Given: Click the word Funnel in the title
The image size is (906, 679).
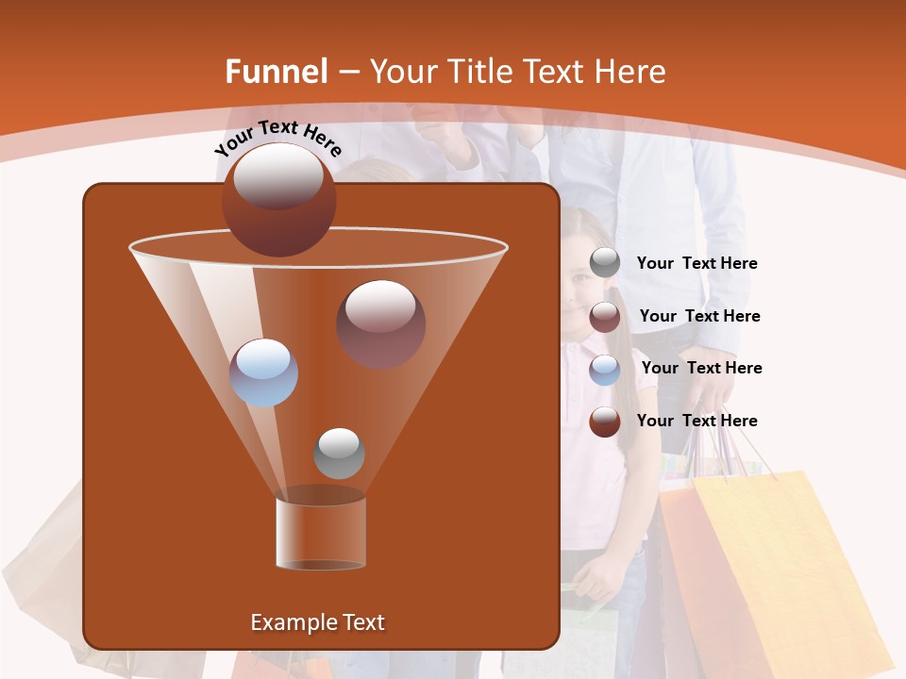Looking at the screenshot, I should [276, 72].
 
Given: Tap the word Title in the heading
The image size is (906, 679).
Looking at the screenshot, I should [478, 72].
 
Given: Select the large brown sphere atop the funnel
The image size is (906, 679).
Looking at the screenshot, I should [278, 199].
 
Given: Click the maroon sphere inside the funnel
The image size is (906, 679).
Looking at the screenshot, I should [380, 323].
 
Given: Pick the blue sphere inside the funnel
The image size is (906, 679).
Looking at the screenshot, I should [263, 373].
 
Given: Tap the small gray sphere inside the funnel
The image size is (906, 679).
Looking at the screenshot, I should [339, 453].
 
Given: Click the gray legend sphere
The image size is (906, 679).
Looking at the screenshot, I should [605, 263].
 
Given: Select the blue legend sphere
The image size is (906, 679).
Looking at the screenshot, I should [605, 369].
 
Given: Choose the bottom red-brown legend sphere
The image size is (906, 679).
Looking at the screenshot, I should [605, 422].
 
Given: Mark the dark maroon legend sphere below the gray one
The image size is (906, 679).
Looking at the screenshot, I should [605, 317].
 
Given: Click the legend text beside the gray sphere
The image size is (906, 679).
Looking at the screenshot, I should [696, 264].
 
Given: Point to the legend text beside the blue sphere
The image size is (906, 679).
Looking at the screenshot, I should [701, 368].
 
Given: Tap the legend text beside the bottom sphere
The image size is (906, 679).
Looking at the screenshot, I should [696, 421].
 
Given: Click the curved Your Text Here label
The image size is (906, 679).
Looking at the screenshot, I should [277, 138].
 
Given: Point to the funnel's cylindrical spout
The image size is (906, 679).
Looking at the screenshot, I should [321, 533].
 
